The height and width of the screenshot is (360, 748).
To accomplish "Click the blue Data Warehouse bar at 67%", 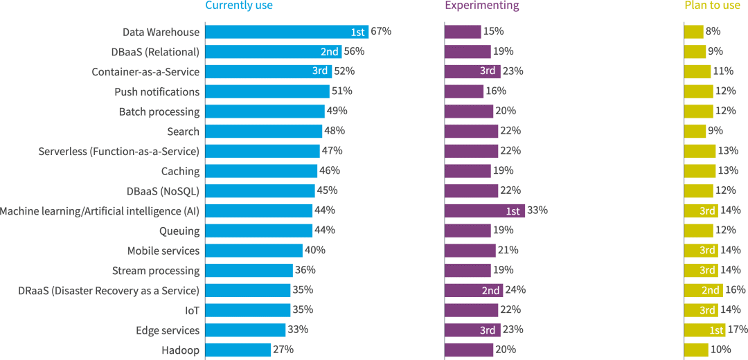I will [x=287, y=32].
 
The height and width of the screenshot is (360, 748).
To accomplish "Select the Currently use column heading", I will [x=239, y=6].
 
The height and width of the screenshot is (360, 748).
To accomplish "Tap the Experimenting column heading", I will [x=481, y=6].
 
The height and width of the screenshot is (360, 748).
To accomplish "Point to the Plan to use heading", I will [x=712, y=6].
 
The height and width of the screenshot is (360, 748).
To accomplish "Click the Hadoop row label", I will [x=180, y=350].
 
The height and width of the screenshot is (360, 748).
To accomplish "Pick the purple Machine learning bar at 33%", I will [x=484, y=210].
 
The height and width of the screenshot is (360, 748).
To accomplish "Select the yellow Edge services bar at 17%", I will [x=704, y=330].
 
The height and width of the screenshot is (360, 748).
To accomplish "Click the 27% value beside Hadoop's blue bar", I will [x=283, y=350].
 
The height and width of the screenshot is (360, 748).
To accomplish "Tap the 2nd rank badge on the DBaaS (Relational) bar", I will [x=330, y=52].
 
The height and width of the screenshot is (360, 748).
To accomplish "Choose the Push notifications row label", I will [x=157, y=92].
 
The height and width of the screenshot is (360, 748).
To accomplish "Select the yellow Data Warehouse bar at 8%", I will [x=693, y=32].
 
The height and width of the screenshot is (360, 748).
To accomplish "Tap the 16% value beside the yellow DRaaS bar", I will [x=736, y=290].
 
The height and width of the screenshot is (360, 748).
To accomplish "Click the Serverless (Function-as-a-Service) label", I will [x=118, y=152].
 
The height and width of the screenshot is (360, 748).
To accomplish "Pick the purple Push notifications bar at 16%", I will [x=464, y=91].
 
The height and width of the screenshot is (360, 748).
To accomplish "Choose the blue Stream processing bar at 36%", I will [x=249, y=271].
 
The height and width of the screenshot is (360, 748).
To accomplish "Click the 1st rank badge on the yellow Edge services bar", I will [x=716, y=330].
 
